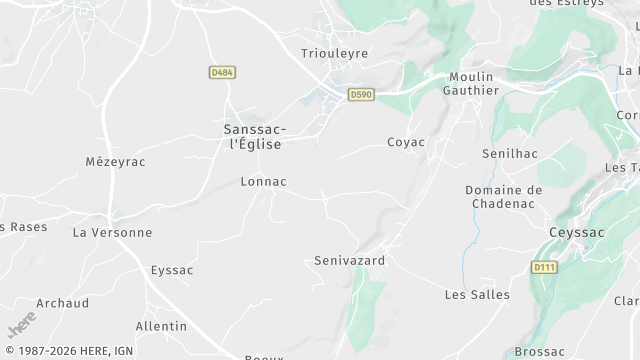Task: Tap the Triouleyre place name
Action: pyautogui.click(x=334, y=53)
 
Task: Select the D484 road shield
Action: pyautogui.click(x=222, y=73)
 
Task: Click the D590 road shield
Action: pyautogui.click(x=361, y=94)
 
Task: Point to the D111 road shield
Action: pyautogui.click(x=543, y=267)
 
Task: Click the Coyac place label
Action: pyautogui.click(x=406, y=142)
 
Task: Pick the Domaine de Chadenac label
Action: pyautogui.click(x=503, y=196)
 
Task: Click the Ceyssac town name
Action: pyautogui.click(x=577, y=232)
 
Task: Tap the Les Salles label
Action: pyautogui.click(x=476, y=294)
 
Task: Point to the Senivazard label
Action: pyautogui.click(x=349, y=260)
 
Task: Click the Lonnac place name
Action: pyautogui.click(x=264, y=182)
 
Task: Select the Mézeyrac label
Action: pyautogui.click(x=115, y=161)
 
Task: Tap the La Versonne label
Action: pyautogui.click(x=112, y=232)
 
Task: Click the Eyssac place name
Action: pyautogui.click(x=172, y=270)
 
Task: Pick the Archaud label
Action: pyautogui.click(x=62, y=303)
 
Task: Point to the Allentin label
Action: pyautogui.click(x=161, y=326)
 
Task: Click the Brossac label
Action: pyautogui.click(x=540, y=351)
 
